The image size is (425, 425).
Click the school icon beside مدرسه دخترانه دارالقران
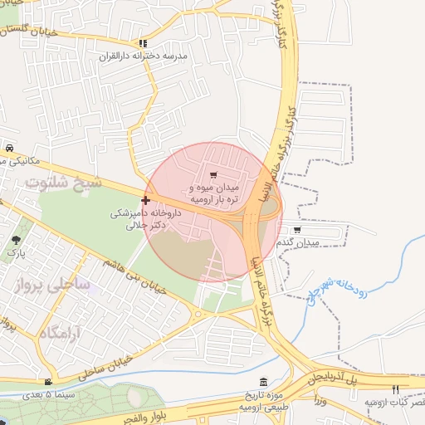(144, 43)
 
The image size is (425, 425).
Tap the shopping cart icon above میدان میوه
(213, 175)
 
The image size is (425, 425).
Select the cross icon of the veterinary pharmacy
(146, 200)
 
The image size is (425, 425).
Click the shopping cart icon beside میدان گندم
(298, 230)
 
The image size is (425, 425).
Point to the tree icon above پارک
(14, 241)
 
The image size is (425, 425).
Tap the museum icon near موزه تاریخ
(263, 382)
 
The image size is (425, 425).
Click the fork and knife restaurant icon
(395, 389)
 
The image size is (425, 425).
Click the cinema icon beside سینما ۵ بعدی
(47, 382)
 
